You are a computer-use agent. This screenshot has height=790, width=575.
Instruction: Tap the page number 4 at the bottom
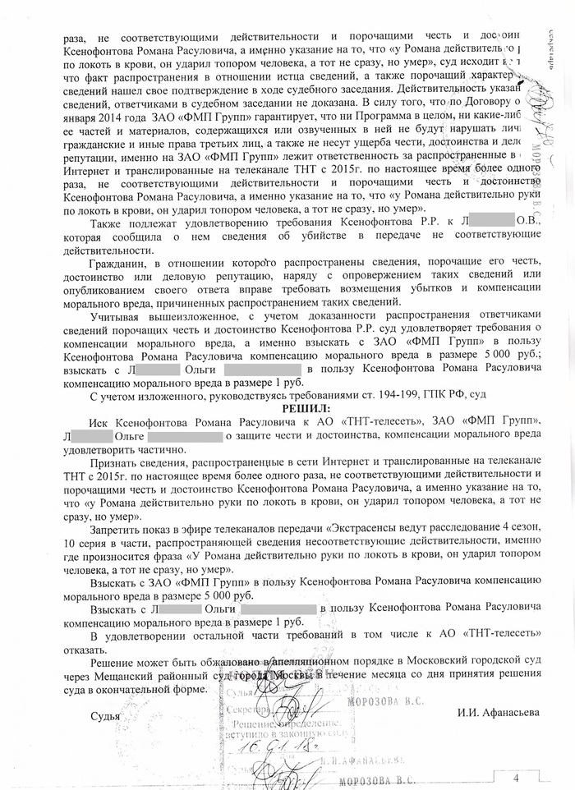click(x=517, y=778)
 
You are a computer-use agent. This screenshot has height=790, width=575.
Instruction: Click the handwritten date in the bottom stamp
click(x=279, y=747)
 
